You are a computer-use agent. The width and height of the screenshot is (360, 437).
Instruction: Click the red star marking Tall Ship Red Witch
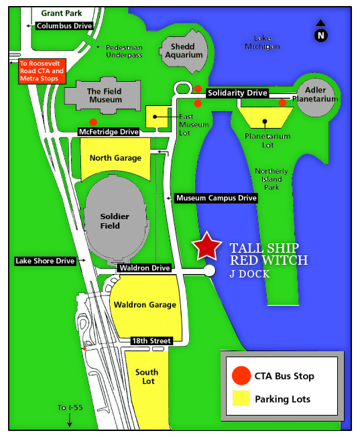point(206,247)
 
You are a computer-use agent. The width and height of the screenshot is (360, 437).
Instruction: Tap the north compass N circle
point(321,36)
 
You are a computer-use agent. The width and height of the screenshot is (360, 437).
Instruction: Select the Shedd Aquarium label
point(183,51)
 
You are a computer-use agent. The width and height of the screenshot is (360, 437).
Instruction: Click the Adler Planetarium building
point(315,98)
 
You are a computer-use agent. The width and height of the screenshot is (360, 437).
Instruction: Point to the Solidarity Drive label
point(237,92)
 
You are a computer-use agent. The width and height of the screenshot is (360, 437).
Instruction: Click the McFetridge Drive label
point(109,132)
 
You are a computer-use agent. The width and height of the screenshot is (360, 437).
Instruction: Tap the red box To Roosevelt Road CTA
point(42,71)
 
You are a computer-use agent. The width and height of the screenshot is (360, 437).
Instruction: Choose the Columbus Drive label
point(64,25)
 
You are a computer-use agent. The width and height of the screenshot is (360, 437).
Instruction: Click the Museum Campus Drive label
point(216,198)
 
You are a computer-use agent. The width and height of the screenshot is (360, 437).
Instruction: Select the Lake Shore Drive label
point(45,261)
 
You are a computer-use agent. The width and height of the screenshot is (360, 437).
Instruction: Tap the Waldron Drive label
point(144,268)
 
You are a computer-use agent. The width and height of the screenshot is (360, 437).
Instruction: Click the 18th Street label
point(152,340)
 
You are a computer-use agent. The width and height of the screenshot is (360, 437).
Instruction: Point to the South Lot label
point(147,377)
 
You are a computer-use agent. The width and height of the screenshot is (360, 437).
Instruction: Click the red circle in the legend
point(241,375)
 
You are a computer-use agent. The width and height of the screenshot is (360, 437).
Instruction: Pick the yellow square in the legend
point(241,397)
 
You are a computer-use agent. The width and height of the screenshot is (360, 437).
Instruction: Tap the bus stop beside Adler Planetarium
point(282,103)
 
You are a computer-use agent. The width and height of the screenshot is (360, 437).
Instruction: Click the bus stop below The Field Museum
point(93,122)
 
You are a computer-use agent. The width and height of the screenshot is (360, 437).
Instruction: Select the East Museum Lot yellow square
point(157,117)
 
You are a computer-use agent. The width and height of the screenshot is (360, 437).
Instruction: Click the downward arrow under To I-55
point(70,420)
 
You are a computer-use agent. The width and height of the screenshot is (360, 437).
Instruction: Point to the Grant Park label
point(62,13)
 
